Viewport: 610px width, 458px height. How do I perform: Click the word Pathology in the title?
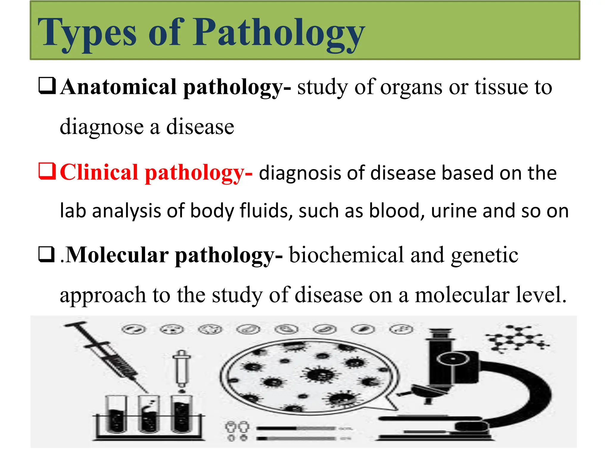(279, 33)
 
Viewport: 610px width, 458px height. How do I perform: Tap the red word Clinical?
(99, 173)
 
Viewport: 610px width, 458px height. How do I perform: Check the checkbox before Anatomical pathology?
(47, 86)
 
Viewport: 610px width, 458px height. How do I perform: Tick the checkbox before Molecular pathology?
(47, 254)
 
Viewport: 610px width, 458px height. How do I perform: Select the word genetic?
(485, 255)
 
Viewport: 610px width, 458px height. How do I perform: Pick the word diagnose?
(102, 127)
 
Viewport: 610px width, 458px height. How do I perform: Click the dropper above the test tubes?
(181, 370)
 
